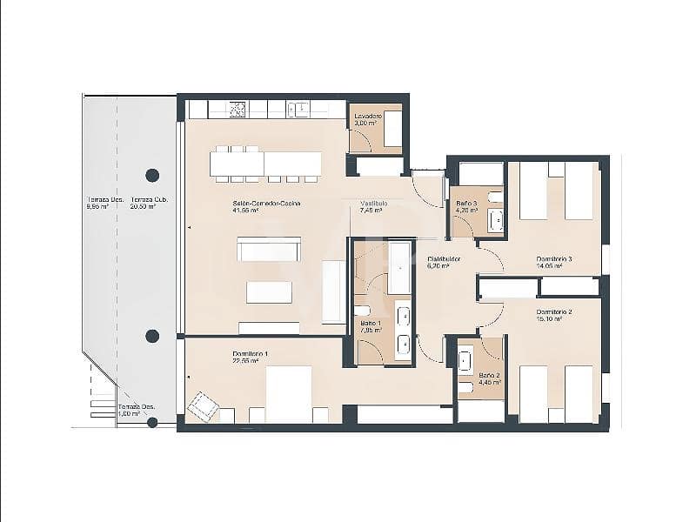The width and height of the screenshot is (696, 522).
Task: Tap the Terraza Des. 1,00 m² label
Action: (x=129, y=410)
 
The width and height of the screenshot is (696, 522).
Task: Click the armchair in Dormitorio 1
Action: (x=204, y=406)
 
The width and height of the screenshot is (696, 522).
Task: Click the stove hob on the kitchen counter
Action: (x=238, y=110)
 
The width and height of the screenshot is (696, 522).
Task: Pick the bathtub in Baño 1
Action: (x=400, y=267)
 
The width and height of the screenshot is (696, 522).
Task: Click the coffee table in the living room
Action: (x=269, y=291)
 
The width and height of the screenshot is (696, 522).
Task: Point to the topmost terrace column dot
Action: (x=152, y=175)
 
